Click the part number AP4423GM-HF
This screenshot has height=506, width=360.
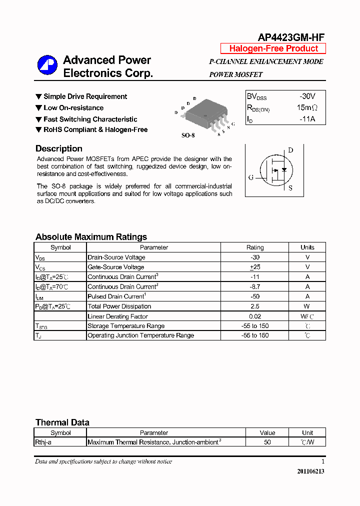coord(291,37)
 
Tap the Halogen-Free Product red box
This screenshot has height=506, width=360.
coord(273,48)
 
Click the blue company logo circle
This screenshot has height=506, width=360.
coord(47,65)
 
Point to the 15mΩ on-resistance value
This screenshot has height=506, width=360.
coord(306,107)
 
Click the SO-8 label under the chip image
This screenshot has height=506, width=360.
coord(188,135)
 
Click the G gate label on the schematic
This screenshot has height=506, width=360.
coord(251,177)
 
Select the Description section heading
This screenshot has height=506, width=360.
coord(59,148)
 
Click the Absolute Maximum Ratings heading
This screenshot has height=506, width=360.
coord(91,237)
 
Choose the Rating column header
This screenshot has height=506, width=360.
coord(255,247)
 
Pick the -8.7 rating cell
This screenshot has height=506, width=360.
coord(255,286)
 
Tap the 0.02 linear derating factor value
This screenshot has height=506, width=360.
coord(255,316)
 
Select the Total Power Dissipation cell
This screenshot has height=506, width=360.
coord(119,306)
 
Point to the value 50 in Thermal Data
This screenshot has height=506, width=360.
coord(267,442)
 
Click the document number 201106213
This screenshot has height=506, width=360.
coord(310,471)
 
